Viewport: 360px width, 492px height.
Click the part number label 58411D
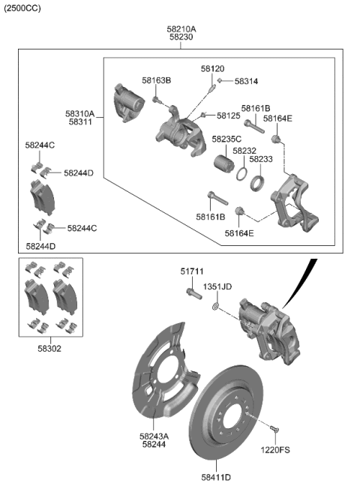216,477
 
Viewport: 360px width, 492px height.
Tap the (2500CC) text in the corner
22,8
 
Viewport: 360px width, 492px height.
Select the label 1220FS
275,450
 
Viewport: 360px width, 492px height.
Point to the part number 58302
49,348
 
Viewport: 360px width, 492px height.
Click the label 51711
191,271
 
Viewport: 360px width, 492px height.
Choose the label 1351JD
217,286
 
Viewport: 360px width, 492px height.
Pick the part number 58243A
154,435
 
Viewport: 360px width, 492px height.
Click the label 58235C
226,139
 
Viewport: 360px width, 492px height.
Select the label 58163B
156,80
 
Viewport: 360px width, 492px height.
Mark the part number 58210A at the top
181,28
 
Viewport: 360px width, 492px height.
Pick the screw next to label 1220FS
274,429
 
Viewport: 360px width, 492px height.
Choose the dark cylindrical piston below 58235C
223,161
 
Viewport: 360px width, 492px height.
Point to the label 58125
228,115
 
